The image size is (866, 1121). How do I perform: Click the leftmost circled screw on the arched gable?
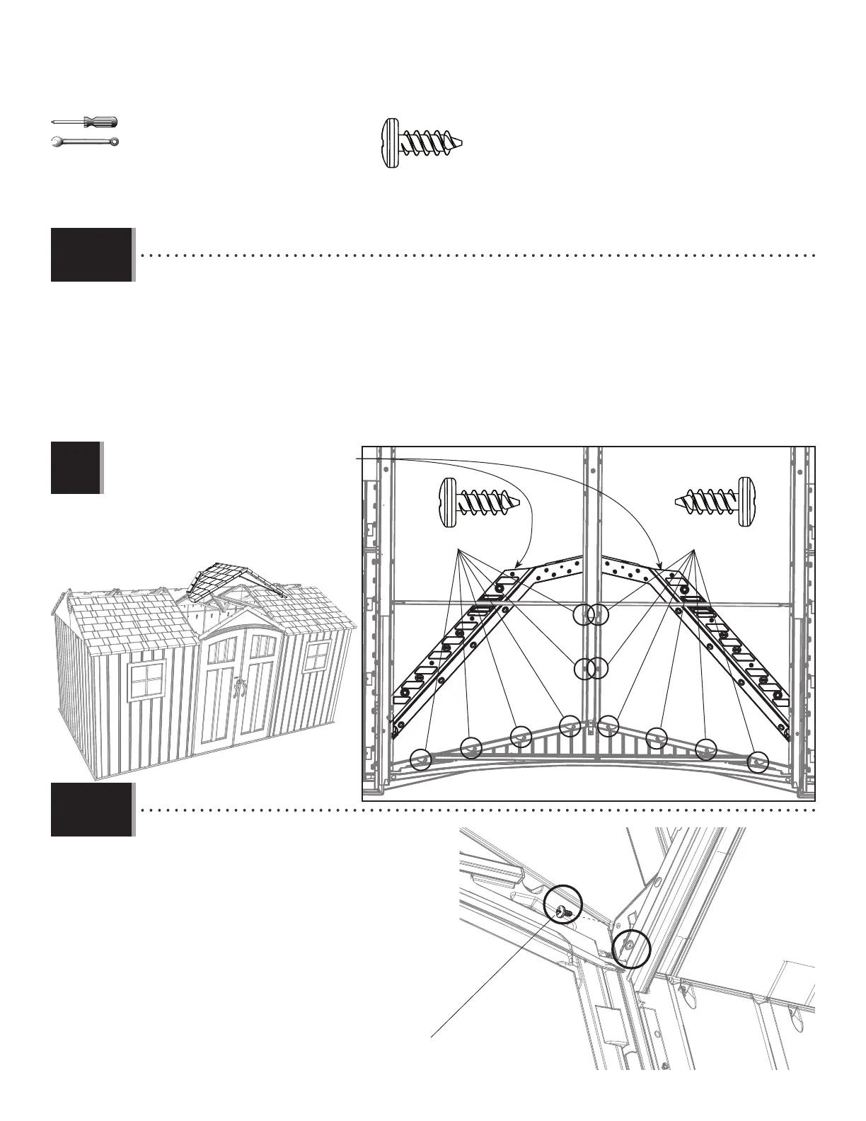pyautogui.click(x=421, y=759)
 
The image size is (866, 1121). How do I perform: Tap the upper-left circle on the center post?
pyautogui.click(x=582, y=615)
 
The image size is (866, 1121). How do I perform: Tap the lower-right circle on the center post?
pyautogui.click(x=599, y=668)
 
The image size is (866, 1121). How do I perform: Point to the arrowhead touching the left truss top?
pyautogui.click(x=516, y=566)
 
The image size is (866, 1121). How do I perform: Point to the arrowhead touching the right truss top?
pyautogui.click(x=661, y=566)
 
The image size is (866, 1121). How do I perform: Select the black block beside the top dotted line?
pyautogui.click(x=92, y=255)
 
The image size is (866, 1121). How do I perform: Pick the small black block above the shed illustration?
pyautogui.click(x=76, y=467)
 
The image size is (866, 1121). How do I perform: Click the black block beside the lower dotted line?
pyautogui.click(x=92, y=810)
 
